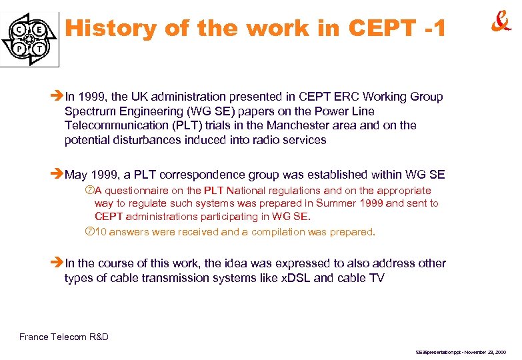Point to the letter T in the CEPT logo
41,49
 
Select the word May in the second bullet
76,175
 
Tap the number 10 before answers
101,232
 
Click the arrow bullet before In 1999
57,97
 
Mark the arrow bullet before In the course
57,264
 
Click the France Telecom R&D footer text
64,337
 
